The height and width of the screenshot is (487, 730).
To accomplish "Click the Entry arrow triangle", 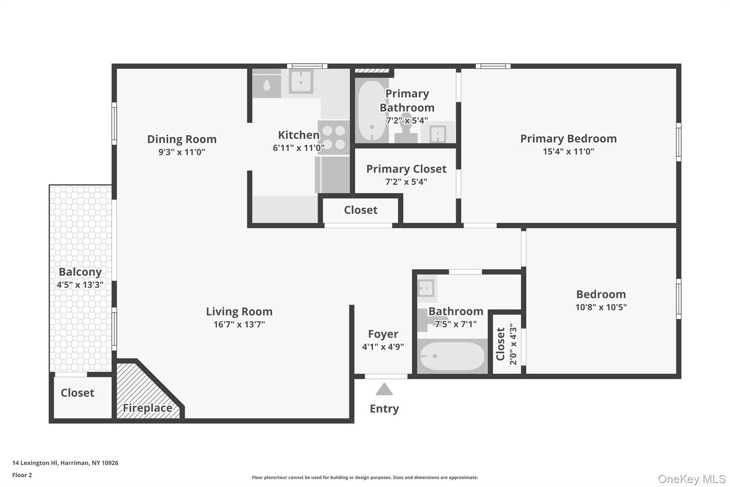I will coord(384,390).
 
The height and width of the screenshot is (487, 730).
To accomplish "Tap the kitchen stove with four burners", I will coord(334,137).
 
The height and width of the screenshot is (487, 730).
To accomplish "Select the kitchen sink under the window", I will coord(301,82).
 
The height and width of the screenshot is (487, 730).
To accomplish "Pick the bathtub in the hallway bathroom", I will coord(452,356).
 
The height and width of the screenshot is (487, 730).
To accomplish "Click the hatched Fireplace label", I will coord(147,408).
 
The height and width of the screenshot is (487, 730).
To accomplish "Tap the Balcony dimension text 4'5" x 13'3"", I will coord(80,285).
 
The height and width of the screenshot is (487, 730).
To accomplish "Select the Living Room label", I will coord(239,311).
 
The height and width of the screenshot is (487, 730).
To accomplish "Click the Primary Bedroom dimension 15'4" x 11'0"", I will coord(568,151).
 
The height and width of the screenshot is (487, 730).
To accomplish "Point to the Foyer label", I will coord(383,334).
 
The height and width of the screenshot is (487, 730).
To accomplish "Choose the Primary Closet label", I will coord(406,169).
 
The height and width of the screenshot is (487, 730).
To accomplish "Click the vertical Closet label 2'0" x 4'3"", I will coord(506,344).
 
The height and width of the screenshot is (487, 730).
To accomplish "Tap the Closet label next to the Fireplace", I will coord(77,393).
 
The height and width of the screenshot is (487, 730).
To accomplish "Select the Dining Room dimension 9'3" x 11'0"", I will coord(182,152).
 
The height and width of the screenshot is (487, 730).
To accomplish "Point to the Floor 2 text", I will coord(22,475).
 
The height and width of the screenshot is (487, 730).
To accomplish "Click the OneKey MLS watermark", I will coord(692,479).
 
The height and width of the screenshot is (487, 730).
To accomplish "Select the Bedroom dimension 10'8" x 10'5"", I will coord(601,307).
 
